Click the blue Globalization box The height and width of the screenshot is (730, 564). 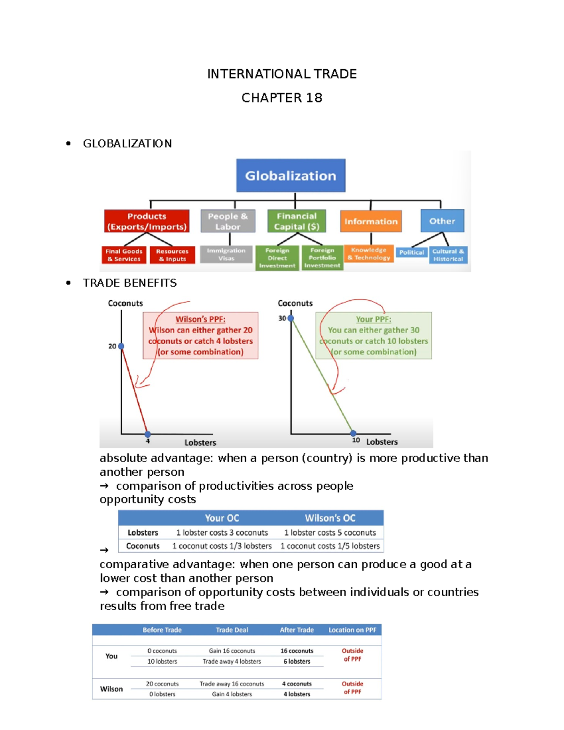coord(290,175)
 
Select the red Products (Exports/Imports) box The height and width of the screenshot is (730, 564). coord(147,221)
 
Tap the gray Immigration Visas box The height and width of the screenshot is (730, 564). coord(226,254)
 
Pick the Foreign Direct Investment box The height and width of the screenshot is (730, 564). coord(277,258)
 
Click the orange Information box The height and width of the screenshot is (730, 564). coord(371,221)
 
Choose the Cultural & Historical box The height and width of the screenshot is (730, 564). coord(448,255)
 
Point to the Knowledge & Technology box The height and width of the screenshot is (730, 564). coord(369,254)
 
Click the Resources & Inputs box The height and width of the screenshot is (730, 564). coord(172,255)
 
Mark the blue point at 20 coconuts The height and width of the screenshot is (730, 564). coord(121,346)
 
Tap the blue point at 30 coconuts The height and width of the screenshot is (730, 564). coord(291,318)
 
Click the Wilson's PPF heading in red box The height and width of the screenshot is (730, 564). coord(200,319)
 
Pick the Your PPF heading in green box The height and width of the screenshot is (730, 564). coord(373,319)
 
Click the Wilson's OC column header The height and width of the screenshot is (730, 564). coord(330,518)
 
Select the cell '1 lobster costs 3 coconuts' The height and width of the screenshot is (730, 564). coord(222,533)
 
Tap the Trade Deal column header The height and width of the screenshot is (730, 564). coord(232,630)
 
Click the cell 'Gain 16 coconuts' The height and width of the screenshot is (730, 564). coord(232,651)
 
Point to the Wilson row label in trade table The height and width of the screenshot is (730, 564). coord(111,689)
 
